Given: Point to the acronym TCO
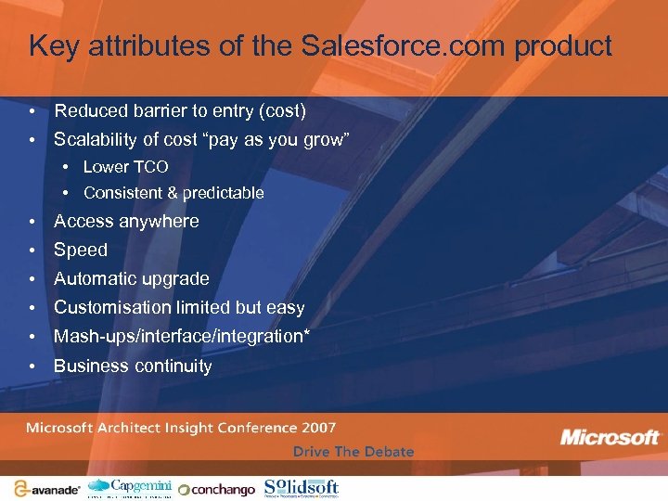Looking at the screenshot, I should tap(149, 167).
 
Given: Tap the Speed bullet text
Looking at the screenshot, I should tap(81, 250).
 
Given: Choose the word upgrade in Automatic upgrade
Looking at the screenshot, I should tap(175, 278).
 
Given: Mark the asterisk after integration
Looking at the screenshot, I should tap(306, 334).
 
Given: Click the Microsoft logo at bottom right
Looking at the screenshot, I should tap(610, 437).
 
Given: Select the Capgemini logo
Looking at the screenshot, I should tap(129, 487).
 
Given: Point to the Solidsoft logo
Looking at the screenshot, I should tap(301, 487).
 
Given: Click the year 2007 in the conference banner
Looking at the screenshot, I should tap(317, 428).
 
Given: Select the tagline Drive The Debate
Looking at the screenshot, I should tap(353, 452).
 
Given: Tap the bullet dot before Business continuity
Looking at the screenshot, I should tap(32, 366).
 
